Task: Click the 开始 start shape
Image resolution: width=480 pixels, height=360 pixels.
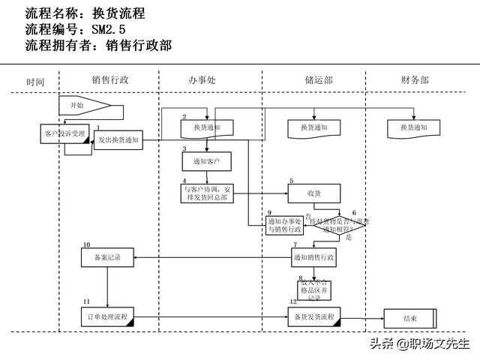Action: [x=83, y=106]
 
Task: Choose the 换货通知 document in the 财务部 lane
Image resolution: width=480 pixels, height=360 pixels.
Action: [x=413, y=128]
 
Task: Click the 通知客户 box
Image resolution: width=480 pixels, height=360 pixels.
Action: [x=205, y=160]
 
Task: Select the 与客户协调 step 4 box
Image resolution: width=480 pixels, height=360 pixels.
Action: [x=208, y=193]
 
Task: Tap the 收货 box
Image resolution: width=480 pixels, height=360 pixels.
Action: [x=313, y=193]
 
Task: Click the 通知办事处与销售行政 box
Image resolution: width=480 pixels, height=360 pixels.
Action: [x=284, y=226]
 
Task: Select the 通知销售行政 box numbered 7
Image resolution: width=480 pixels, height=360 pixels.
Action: [x=313, y=257]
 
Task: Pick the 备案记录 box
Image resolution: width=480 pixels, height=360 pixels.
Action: [x=107, y=257]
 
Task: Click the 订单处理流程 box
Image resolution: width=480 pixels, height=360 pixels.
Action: [x=108, y=316]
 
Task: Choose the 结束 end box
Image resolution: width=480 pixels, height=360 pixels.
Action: [x=410, y=319]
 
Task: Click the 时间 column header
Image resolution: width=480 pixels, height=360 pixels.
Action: [x=35, y=81]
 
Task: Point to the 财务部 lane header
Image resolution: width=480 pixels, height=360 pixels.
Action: [x=415, y=80]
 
